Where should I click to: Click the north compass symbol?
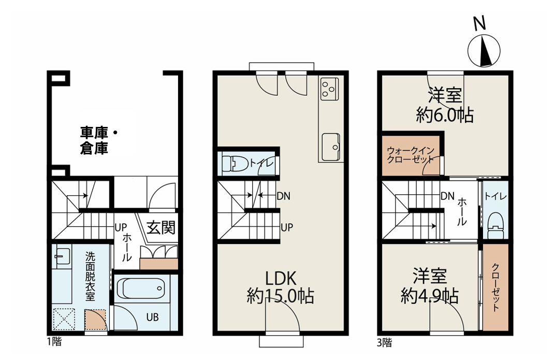coord(484,51)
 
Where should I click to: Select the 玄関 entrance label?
coord(161,227)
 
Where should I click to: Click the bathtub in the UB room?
coord(141,288)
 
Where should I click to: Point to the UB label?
coord(153,317)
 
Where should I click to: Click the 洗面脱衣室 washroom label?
coord(90,276)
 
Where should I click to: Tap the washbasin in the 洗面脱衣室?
coord(63,256)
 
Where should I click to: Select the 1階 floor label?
coord(54,342)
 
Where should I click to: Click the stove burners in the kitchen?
coord(329,89)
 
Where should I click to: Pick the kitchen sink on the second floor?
coord(331,147)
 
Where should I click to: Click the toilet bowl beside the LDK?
coord(235,164)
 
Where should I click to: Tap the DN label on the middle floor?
coord(283,196)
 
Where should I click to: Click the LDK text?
coord(281,278)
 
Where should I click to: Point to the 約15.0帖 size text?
coord(281,296)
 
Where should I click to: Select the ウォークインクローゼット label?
coord(411,155)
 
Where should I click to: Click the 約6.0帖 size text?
coord(445,115)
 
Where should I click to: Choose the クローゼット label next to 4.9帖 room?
coord(495,287)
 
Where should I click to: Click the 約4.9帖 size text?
coord(430,296)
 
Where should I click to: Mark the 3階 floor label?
coord(384,343)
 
